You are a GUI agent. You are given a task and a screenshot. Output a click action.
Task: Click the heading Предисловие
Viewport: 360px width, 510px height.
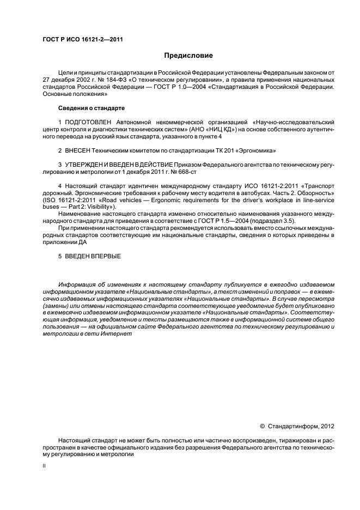(x=188, y=56)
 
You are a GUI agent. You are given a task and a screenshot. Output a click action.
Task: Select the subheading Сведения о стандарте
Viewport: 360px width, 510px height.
(x=91, y=108)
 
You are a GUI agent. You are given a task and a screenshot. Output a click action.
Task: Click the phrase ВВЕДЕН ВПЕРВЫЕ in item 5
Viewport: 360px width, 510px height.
(x=93, y=256)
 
